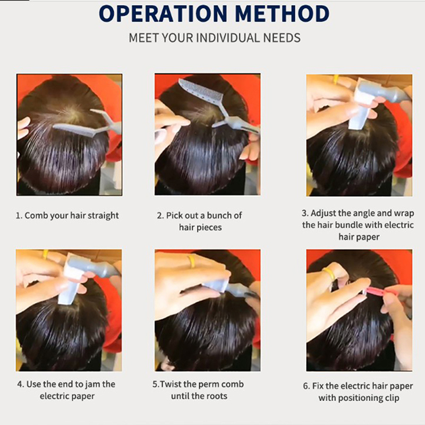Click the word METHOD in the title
tap(283, 13)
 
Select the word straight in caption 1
tap(103, 216)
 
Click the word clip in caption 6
tap(391, 398)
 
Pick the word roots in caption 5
tap(217, 396)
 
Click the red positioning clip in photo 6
tap(378, 292)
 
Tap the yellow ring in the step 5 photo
tap(191, 261)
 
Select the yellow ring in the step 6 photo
tap(329, 273)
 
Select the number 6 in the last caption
tap(305, 386)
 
